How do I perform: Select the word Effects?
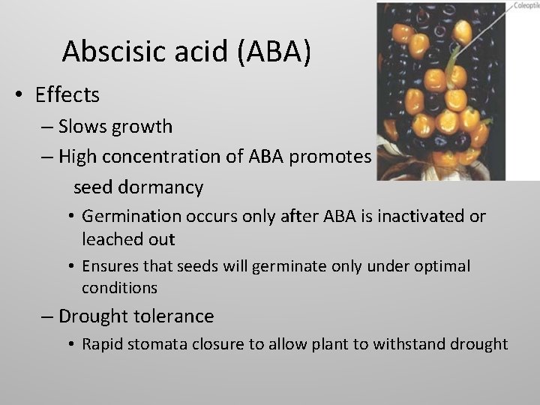click(67, 95)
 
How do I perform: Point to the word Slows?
click(84, 126)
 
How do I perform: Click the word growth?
click(142, 126)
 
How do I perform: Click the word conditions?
click(120, 287)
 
